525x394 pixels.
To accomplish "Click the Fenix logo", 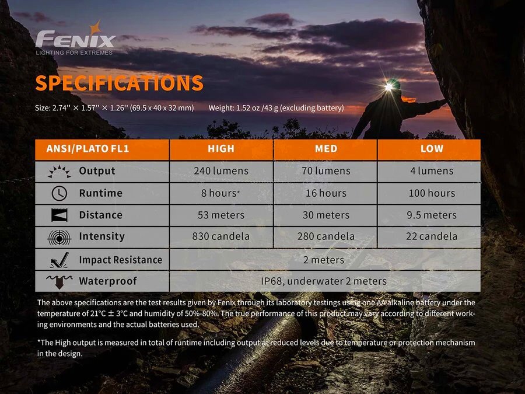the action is (x=75, y=38).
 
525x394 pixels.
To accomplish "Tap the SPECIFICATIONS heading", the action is (x=119, y=83).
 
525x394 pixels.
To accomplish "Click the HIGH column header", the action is (x=221, y=149).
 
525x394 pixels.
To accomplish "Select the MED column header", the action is (x=325, y=149).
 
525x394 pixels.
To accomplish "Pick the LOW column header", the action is (x=432, y=148).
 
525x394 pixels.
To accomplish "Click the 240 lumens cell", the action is (x=221, y=171).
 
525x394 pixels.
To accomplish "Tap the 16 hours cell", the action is (x=325, y=193).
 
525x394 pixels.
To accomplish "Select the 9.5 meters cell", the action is (x=432, y=215).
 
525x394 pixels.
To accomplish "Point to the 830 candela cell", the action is (x=221, y=236).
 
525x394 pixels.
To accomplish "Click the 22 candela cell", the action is (x=432, y=236).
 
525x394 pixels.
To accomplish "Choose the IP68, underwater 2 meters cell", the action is (x=324, y=281).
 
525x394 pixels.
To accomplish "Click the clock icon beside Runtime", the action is (x=60, y=193).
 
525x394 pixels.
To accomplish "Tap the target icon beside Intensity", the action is (x=60, y=237).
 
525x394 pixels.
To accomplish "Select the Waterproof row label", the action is (x=108, y=281).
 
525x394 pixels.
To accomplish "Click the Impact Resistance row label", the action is (x=121, y=260).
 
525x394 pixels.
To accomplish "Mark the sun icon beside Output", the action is (x=60, y=171).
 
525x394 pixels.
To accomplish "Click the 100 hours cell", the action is (x=432, y=193).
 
